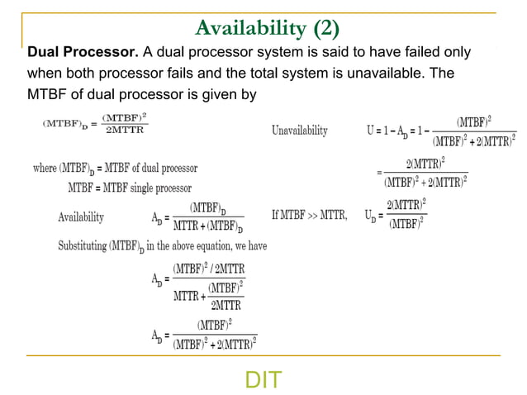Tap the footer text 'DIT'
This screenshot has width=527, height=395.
coord(263,380)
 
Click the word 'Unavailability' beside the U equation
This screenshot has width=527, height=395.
coord(299,131)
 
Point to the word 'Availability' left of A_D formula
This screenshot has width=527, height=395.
coord(81,217)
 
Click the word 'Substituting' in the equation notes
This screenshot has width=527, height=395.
coord(88,245)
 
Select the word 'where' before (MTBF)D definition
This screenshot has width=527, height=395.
coord(45,169)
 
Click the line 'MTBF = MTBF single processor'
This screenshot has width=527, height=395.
coord(129,188)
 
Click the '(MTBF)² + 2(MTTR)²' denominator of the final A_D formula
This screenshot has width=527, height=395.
coord(215,344)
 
